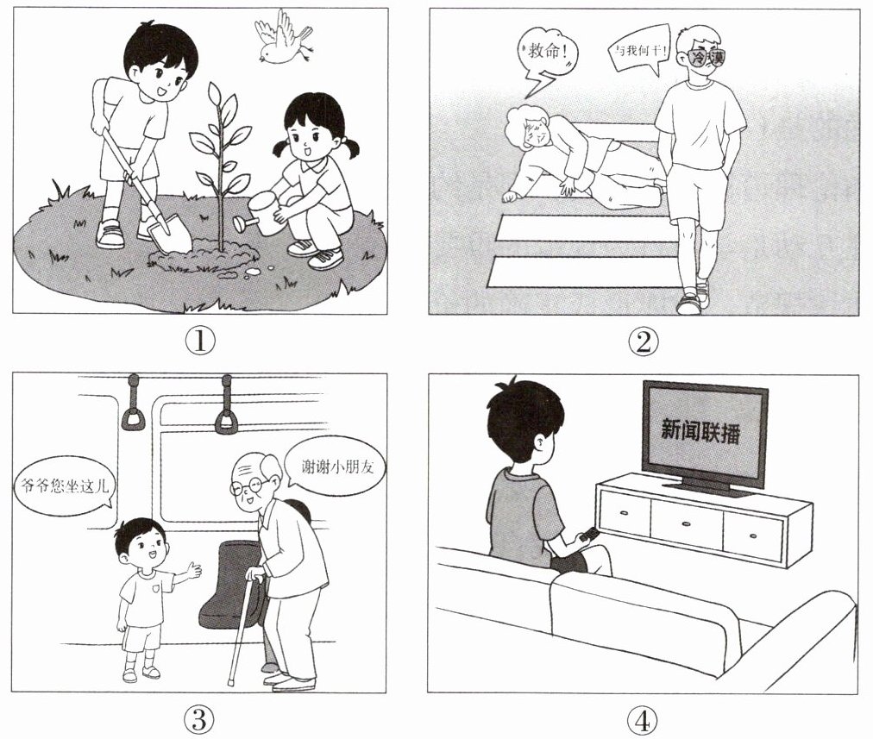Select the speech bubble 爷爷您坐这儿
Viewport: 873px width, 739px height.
pyautogui.click(x=63, y=488)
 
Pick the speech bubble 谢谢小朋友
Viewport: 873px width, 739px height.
pyautogui.click(x=334, y=467)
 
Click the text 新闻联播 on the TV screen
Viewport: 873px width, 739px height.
pyautogui.click(x=700, y=429)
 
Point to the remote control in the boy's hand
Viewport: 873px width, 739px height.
pyautogui.click(x=587, y=535)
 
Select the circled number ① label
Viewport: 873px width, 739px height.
pyautogui.click(x=199, y=341)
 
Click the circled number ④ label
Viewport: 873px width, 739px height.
pyautogui.click(x=643, y=721)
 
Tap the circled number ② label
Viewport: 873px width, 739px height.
pyautogui.click(x=643, y=341)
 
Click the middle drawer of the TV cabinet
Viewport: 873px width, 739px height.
pyautogui.click(x=687, y=523)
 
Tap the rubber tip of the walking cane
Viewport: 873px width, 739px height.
pyautogui.click(x=231, y=682)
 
